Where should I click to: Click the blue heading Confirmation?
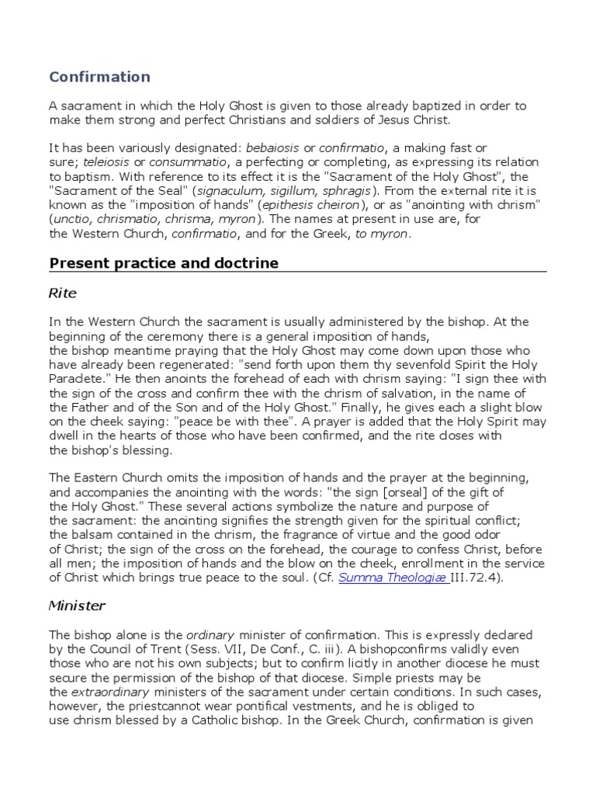(x=100, y=77)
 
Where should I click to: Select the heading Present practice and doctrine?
(x=164, y=263)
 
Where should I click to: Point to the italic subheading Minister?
(x=77, y=605)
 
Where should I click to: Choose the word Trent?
(x=183, y=649)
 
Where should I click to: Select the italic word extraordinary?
(x=108, y=691)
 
